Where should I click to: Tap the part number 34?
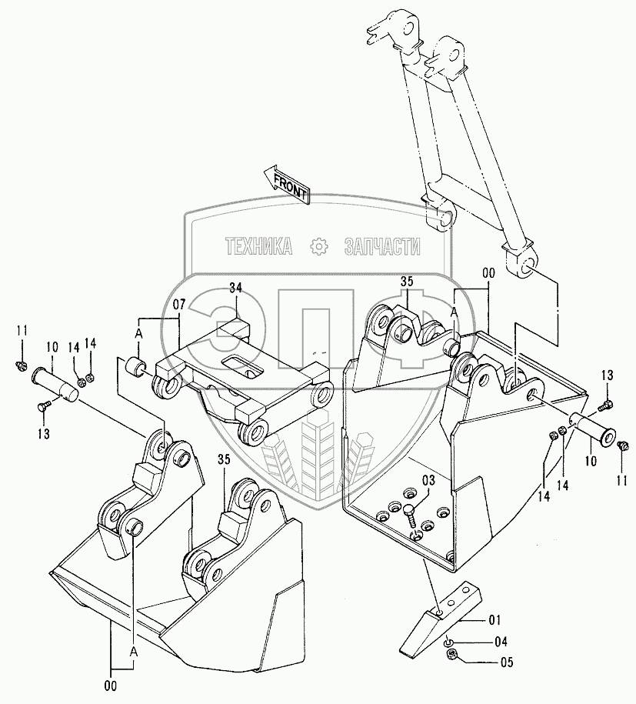[235, 288]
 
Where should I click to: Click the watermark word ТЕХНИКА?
[258, 247]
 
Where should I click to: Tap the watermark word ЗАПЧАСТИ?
[383, 247]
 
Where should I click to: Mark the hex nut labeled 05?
[451, 655]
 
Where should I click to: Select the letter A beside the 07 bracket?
[138, 333]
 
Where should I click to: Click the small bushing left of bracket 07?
[135, 365]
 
